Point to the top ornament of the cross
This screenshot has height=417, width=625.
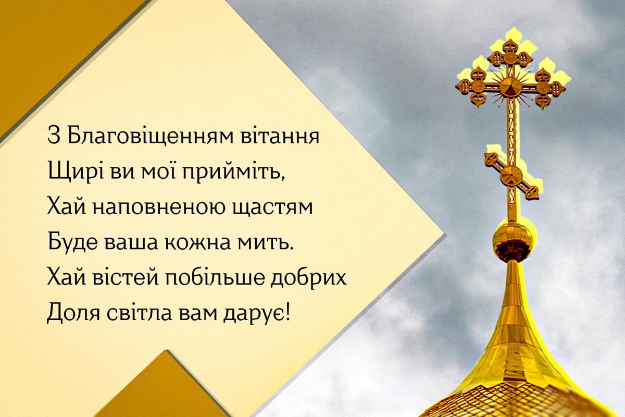510,46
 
